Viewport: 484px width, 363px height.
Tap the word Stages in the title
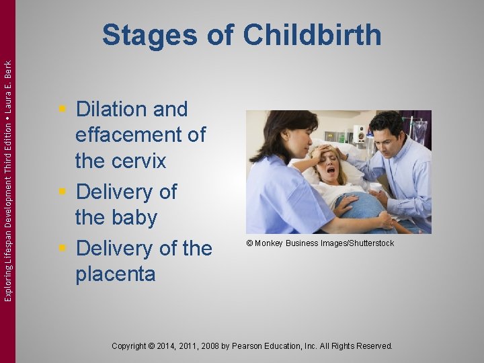(x=150, y=35)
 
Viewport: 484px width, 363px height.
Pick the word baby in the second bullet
(x=135, y=218)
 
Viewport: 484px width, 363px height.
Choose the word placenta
(x=115, y=274)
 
